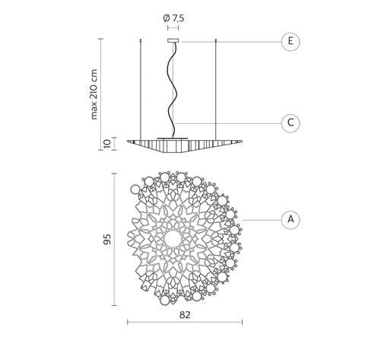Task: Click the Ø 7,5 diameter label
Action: (173, 18)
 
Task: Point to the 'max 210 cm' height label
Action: (94, 94)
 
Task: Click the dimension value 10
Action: (107, 144)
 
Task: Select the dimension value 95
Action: (107, 239)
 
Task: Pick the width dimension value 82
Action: (185, 315)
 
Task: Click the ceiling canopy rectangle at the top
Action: (173, 40)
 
